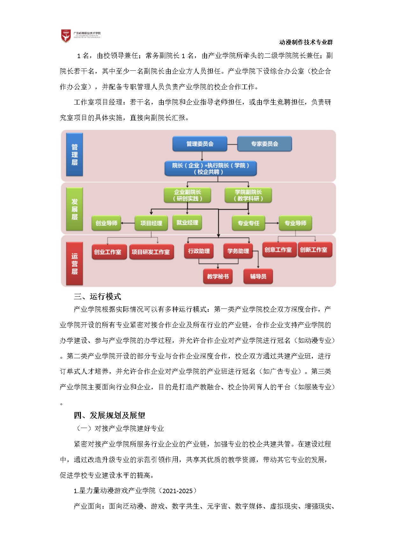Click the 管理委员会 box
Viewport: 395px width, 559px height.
click(200, 144)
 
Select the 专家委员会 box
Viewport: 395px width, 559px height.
click(264, 144)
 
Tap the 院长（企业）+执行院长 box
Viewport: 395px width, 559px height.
click(211, 169)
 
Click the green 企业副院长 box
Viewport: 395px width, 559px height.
click(187, 195)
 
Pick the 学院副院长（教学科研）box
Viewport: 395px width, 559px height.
click(248, 195)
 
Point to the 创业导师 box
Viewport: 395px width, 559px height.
click(106, 223)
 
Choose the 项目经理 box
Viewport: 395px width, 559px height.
click(151, 223)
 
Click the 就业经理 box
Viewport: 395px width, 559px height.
click(187, 222)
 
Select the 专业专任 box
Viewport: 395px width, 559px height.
click(248, 223)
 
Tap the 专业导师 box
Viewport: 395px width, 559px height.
click(295, 223)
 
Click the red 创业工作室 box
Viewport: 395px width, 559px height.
click(108, 252)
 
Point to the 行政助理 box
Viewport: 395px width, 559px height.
click(199, 251)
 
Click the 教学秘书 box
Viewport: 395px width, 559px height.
click(218, 276)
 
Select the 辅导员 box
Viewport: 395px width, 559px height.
click(258, 276)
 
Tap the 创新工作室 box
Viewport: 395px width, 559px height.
click(314, 250)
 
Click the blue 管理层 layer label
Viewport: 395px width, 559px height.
click(75, 155)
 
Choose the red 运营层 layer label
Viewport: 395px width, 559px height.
click(75, 264)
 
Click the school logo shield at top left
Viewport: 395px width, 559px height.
click(66, 36)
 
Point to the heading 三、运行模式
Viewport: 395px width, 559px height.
click(97, 296)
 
